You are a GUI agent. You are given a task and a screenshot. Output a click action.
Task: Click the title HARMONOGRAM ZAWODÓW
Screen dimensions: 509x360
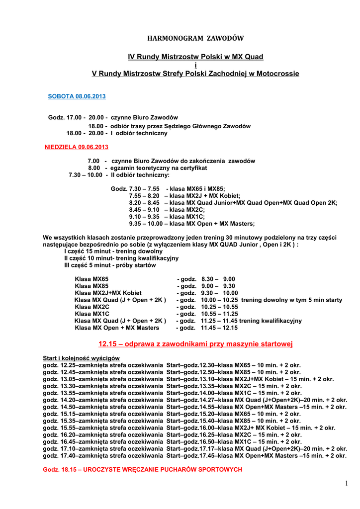tap(196, 38)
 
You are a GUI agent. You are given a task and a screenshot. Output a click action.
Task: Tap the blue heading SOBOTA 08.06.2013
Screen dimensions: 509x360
tap(77, 96)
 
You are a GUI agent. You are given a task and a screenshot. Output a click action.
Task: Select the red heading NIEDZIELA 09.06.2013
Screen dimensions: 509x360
tap(77, 147)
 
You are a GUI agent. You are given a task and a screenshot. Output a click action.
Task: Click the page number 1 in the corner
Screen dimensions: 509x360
tap(347, 483)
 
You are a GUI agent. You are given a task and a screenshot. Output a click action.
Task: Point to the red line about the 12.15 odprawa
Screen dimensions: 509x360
tap(195, 343)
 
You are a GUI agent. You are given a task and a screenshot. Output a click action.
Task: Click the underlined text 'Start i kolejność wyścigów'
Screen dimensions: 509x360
tap(81, 358)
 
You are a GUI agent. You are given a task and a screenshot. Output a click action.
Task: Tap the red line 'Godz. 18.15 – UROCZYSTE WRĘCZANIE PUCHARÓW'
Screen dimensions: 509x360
tap(143, 469)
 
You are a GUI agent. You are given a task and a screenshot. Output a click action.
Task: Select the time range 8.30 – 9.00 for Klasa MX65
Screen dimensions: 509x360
tap(218, 279)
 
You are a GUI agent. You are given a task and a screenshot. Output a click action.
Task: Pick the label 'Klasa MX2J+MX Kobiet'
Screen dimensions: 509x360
tap(108, 293)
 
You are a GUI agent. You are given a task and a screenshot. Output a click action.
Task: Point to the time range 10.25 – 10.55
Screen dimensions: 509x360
tap(219, 307)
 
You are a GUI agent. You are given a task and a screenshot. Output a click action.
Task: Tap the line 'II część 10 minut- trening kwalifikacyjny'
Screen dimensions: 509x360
tap(121, 258)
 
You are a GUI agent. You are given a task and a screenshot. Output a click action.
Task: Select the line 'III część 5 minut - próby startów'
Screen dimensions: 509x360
tap(110, 265)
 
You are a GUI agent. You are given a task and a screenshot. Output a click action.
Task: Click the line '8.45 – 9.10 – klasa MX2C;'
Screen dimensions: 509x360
tap(167, 210)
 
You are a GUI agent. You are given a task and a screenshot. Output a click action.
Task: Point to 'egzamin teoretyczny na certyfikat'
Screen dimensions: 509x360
tap(159, 168)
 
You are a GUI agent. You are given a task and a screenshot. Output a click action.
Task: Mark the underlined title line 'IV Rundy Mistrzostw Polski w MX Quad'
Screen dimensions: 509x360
tap(195, 57)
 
